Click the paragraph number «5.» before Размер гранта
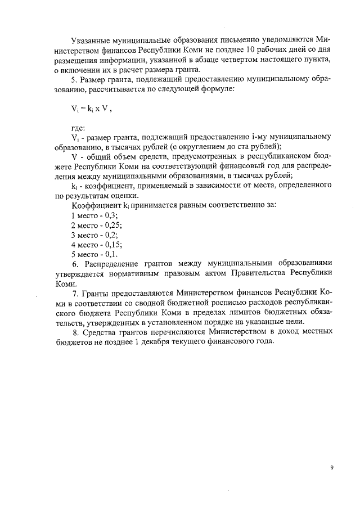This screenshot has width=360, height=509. click(75, 80)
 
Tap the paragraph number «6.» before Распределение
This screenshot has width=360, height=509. click(75, 264)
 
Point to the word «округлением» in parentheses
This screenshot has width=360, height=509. click(201, 148)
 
